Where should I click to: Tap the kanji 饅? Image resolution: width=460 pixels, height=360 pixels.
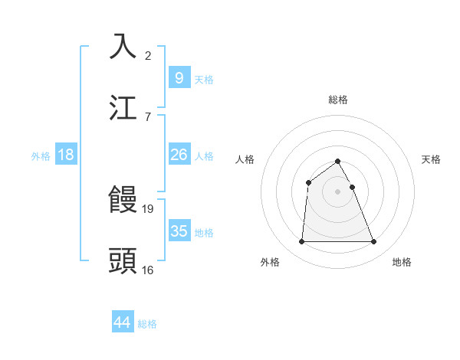pyautogui.click(x=124, y=200)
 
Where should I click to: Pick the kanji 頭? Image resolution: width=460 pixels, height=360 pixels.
pyautogui.click(x=124, y=260)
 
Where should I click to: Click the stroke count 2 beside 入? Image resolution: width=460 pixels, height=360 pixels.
pyautogui.click(x=148, y=56)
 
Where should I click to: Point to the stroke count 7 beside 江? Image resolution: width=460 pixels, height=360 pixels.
pyautogui.click(x=148, y=116)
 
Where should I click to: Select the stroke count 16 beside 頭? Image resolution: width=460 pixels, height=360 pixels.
pyautogui.click(x=148, y=270)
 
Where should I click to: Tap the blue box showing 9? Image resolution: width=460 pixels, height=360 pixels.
pyautogui.click(x=179, y=78)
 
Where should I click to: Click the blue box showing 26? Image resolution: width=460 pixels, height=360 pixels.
pyautogui.click(x=179, y=155)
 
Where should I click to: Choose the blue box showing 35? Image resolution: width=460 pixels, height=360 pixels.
pyautogui.click(x=179, y=231)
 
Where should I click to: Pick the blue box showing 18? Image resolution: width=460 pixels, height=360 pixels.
pyautogui.click(x=66, y=155)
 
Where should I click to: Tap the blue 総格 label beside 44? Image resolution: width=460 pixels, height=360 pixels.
pyautogui.click(x=147, y=324)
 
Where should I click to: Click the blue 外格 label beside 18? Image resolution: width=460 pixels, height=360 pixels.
pyautogui.click(x=41, y=156)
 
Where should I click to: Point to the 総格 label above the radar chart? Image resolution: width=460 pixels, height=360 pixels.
pyautogui.click(x=338, y=100)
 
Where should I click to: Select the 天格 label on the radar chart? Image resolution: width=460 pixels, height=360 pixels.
pyautogui.click(x=431, y=159)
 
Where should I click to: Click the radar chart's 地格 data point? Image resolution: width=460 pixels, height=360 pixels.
pyautogui.click(x=374, y=242)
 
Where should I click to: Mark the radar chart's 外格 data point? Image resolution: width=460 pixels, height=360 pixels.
pyautogui.click(x=301, y=242)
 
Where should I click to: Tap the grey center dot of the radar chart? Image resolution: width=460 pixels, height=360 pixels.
pyautogui.click(x=338, y=191)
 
